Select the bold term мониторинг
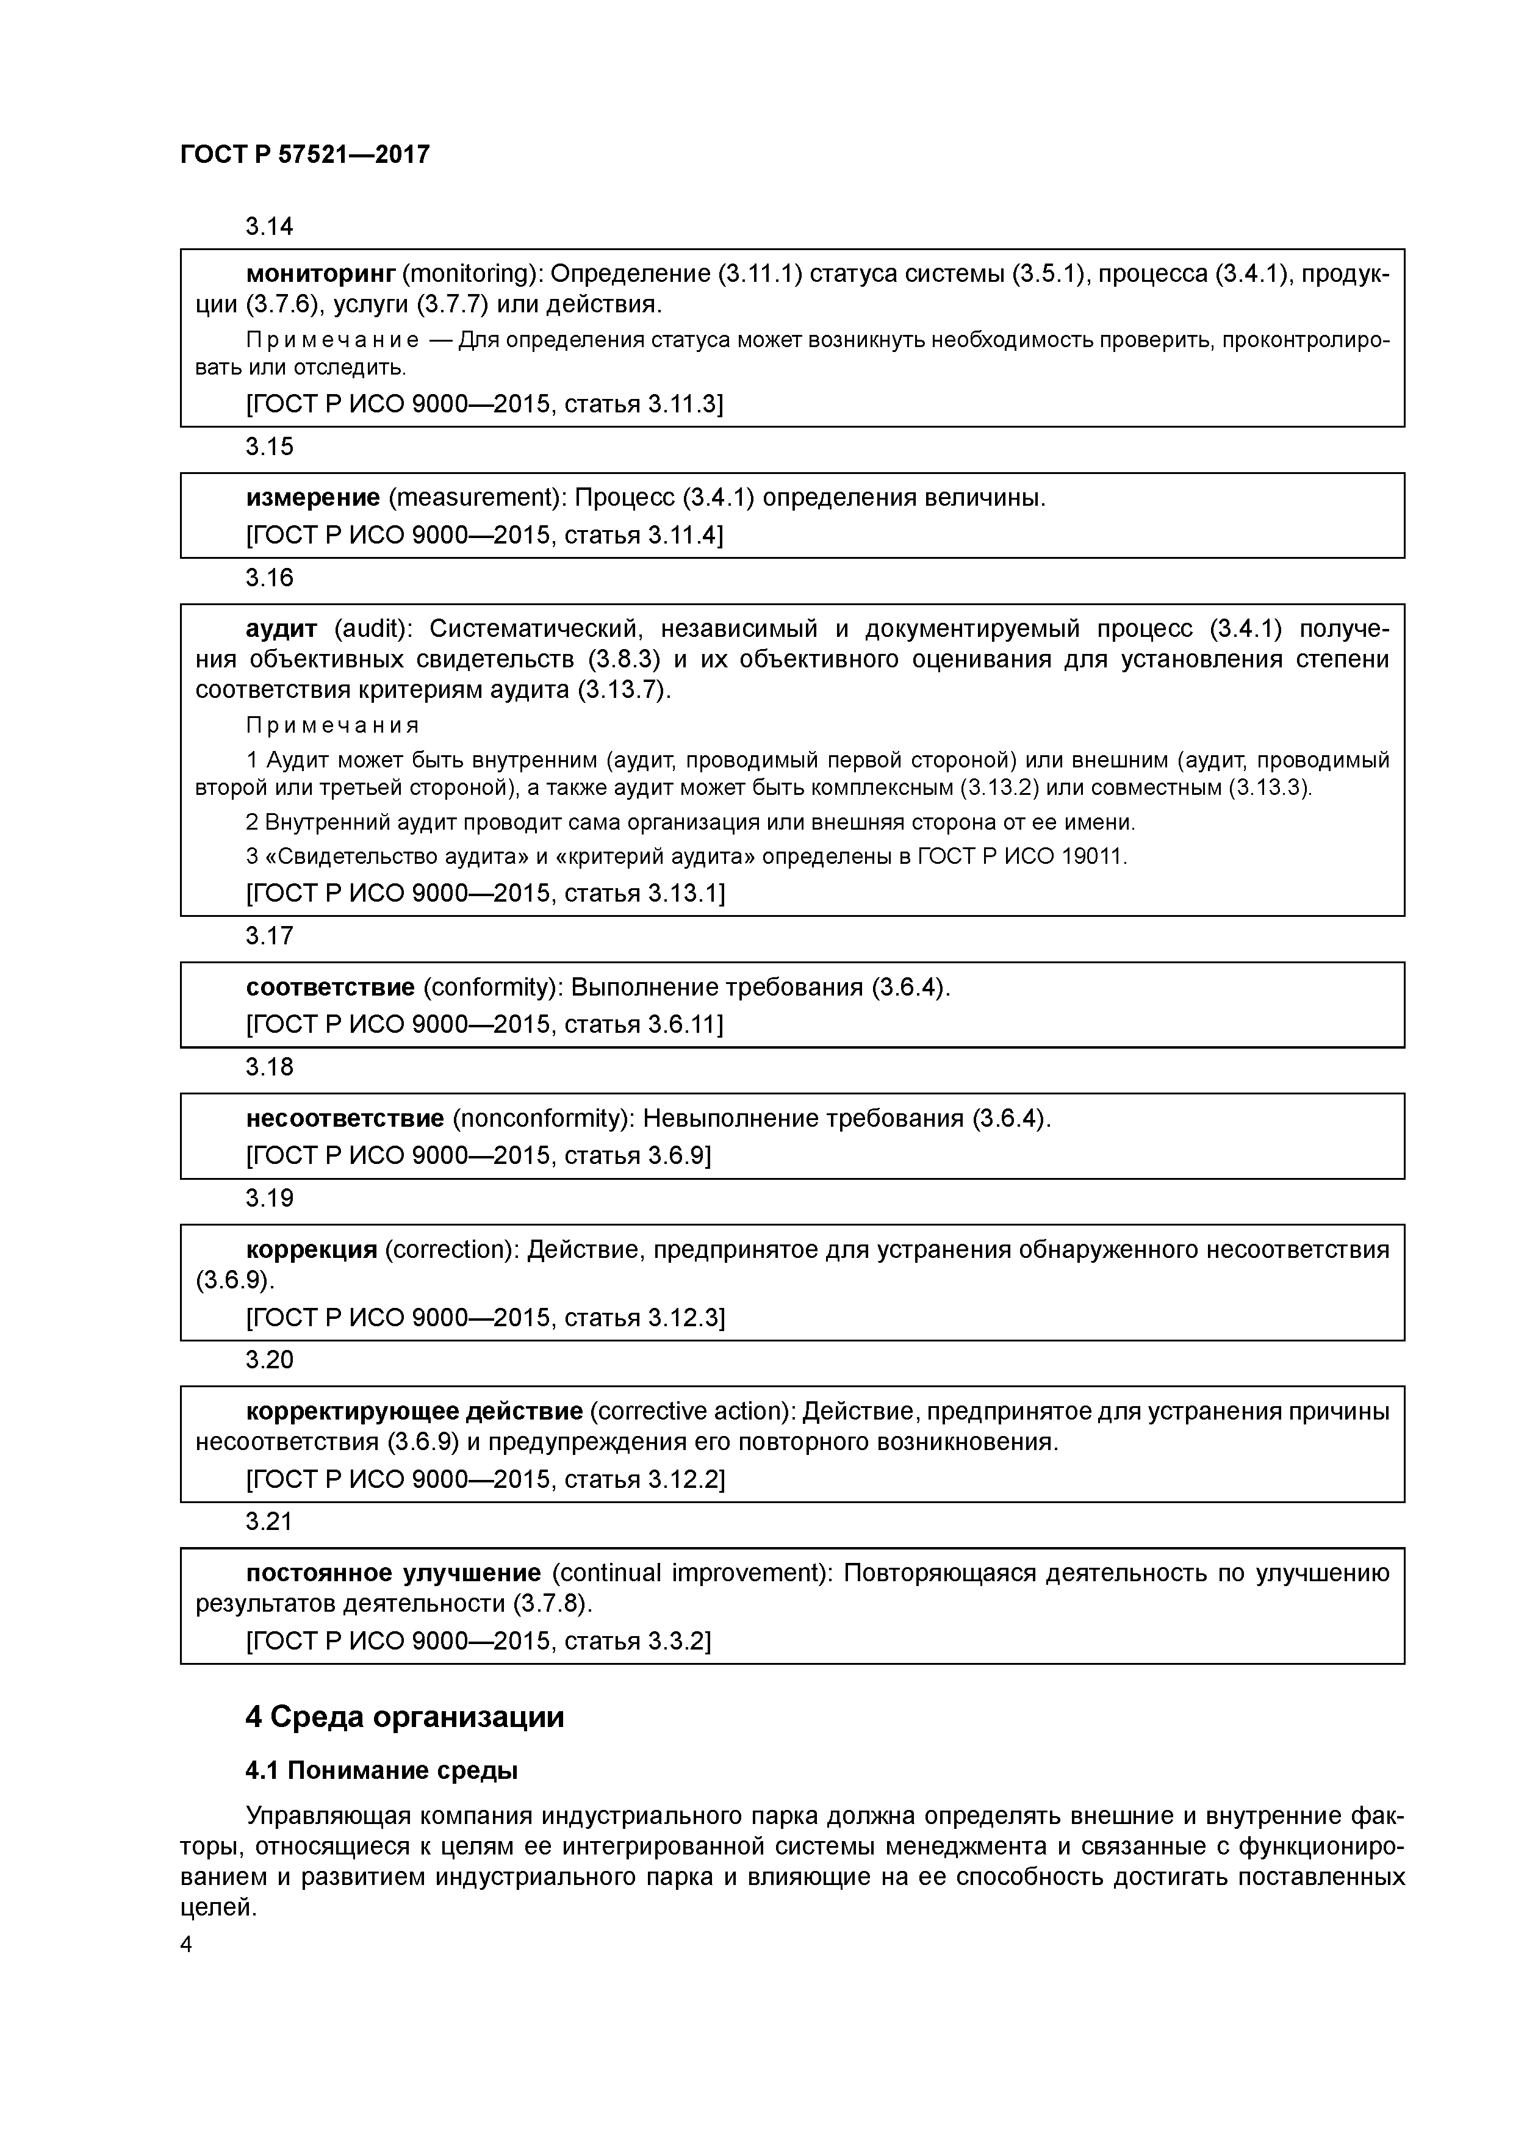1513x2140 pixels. coord(321,274)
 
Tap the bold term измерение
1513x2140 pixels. coord(312,498)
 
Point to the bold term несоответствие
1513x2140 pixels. coord(344,1118)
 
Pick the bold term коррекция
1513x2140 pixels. coord(311,1250)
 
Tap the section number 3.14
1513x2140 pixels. coord(270,226)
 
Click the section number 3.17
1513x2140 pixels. coord(270,936)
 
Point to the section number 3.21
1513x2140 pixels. coord(270,1522)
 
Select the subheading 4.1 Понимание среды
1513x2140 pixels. coord(381,1771)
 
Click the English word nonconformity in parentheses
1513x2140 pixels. coord(541,1118)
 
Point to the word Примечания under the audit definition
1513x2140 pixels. coord(333,725)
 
